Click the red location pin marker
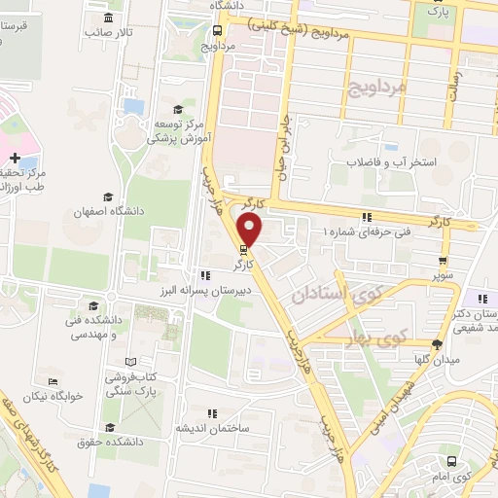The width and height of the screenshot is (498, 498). pyautogui.click(x=250, y=231)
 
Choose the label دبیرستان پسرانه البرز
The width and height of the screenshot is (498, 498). pyautogui.click(x=240, y=291)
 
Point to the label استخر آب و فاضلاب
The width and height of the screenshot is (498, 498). pyautogui.click(x=394, y=161)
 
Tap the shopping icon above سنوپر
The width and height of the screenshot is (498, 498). pyautogui.click(x=444, y=261)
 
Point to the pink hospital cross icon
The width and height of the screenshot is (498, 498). pyautogui.click(x=16, y=157)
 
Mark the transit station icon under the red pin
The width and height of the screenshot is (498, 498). pyautogui.click(x=243, y=249)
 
